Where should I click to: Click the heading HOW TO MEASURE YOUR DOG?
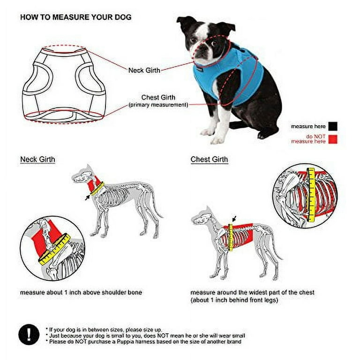[75, 18]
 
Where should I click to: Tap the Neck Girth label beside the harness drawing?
[144, 70]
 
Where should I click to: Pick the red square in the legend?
[333, 139]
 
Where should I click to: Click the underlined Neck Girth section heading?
[37, 159]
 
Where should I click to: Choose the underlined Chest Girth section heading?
[209, 159]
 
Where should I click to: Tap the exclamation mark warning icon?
[29, 335]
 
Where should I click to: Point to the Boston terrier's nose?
[196, 51]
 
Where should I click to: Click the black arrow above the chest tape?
[234, 218]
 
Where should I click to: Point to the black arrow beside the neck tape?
[87, 197]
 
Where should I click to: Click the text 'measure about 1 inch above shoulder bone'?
[81, 292]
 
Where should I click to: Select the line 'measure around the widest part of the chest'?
[252, 292]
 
